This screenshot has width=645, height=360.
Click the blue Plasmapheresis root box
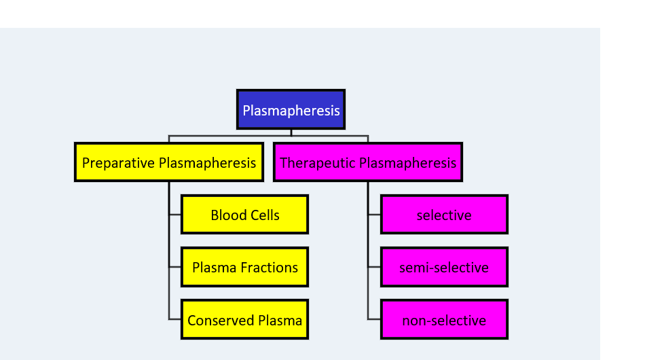pyautogui.click(x=291, y=109)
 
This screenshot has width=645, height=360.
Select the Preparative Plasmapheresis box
pyautogui.click(x=169, y=162)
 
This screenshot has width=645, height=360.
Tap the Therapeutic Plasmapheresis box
pyautogui.click(x=368, y=162)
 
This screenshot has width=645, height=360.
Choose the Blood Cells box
pyautogui.click(x=244, y=215)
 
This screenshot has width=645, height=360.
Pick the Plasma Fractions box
pyautogui.click(x=244, y=267)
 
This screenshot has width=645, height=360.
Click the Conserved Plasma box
pyautogui.click(x=244, y=320)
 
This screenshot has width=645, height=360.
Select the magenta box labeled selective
pyautogui.click(x=444, y=215)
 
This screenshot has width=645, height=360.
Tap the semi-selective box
pyautogui.click(x=444, y=267)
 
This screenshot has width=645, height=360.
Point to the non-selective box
pyautogui.click(x=444, y=320)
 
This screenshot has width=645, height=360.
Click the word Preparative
pyautogui.click(x=118, y=163)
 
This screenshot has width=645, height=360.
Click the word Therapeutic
pyautogui.click(x=318, y=163)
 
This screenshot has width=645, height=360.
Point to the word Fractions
pyautogui.click(x=269, y=268)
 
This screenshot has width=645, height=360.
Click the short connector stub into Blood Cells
pyautogui.click(x=175, y=215)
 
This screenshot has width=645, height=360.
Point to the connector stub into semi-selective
pyautogui.click(x=374, y=267)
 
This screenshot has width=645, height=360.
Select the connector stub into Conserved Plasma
pyautogui.click(x=175, y=319)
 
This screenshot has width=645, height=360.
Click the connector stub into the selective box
pyautogui.click(x=374, y=215)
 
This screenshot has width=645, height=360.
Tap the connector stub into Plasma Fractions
pyautogui.click(x=175, y=267)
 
